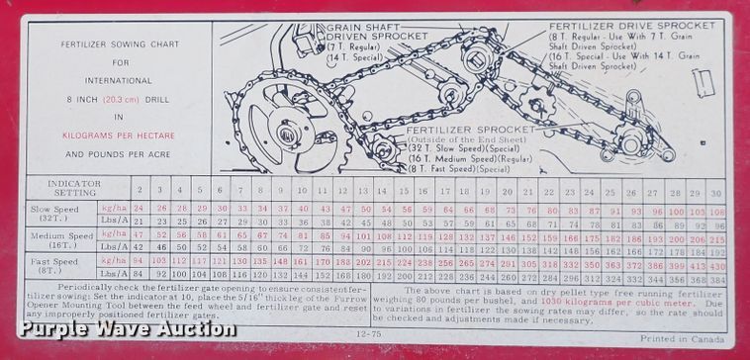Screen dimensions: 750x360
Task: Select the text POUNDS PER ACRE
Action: (x=119, y=154)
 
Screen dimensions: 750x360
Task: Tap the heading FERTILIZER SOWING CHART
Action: (x=119, y=45)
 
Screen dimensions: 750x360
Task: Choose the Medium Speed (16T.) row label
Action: (x=62, y=240)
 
